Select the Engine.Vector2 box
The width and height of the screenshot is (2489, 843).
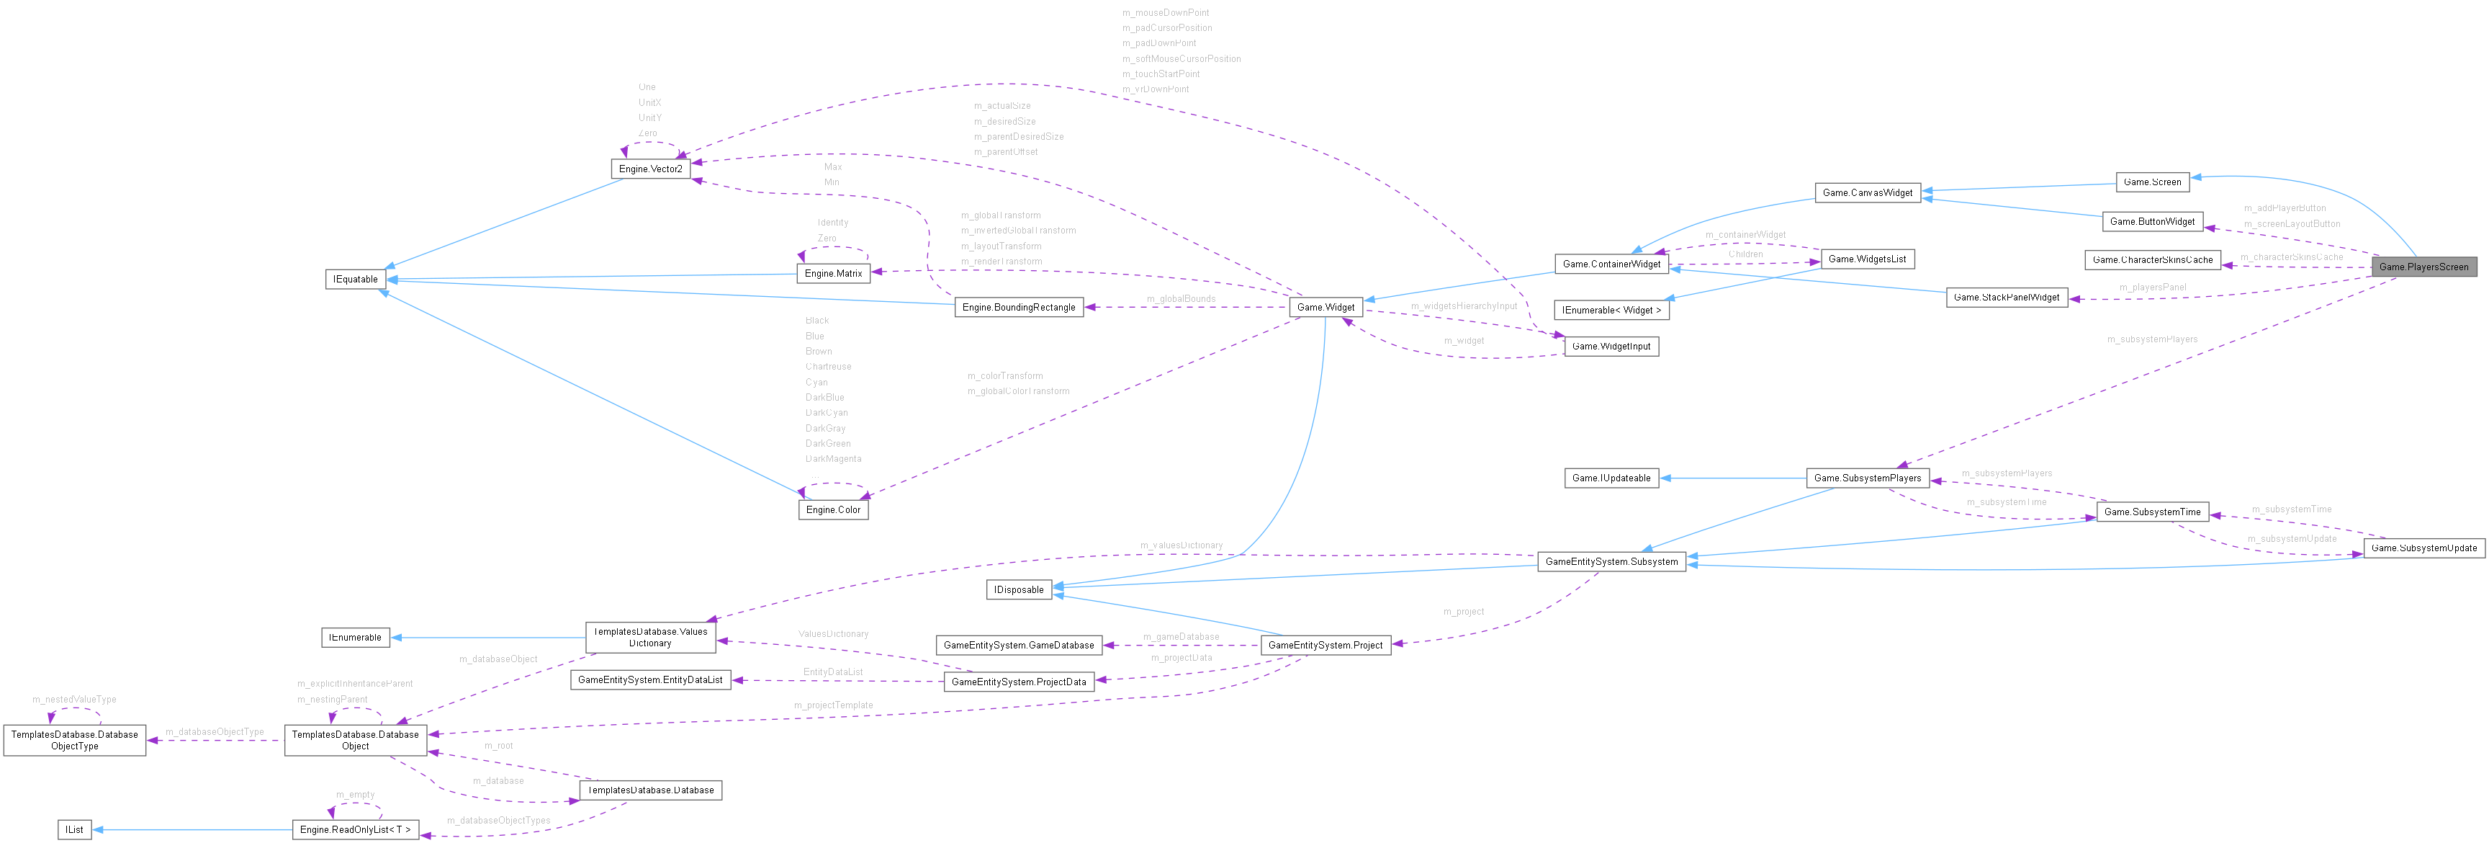click(x=650, y=169)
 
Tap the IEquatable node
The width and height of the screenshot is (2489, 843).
click(x=356, y=280)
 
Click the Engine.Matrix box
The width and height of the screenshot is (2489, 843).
click(x=833, y=274)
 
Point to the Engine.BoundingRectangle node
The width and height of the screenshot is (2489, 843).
click(x=1018, y=308)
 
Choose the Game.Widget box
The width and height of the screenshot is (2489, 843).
click(x=1325, y=308)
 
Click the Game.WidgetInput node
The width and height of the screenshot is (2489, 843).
click(x=1611, y=346)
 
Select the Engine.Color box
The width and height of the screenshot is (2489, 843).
click(x=833, y=509)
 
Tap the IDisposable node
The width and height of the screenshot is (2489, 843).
click(x=1018, y=589)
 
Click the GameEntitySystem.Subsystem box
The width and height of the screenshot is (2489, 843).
click(x=1611, y=562)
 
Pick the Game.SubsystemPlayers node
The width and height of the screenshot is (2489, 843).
click(x=1867, y=478)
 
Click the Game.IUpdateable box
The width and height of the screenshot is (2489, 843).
click(x=1611, y=478)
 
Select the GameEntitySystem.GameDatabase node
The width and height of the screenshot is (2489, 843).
click(x=1018, y=645)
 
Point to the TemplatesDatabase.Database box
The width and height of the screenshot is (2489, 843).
click(x=650, y=790)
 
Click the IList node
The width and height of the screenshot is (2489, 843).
click(x=74, y=829)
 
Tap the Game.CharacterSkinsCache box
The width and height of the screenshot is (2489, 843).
click(x=2152, y=260)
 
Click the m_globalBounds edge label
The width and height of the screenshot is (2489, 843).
click(x=1181, y=299)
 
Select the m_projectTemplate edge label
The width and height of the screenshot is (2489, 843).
click(x=833, y=705)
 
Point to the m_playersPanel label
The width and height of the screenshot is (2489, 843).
click(x=2152, y=287)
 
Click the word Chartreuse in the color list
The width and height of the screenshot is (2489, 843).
click(x=828, y=367)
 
